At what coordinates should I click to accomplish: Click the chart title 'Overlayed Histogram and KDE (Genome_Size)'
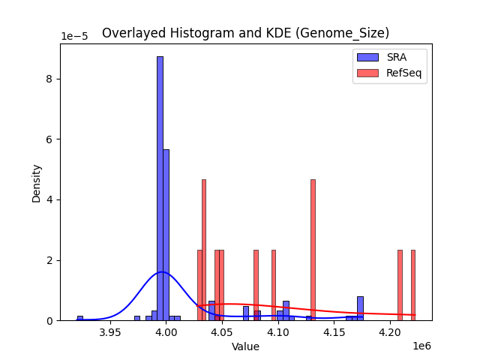[x=245, y=33]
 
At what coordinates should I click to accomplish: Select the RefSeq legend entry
[x=390, y=73]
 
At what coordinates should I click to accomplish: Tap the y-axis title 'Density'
[x=36, y=182]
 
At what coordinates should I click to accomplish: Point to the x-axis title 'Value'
[x=245, y=346]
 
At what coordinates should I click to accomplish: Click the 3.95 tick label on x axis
[x=110, y=332]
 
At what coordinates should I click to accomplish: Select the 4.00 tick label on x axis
[x=166, y=332]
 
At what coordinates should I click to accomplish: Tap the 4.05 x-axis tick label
[x=222, y=332]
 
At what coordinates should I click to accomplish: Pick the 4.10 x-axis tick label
[x=278, y=332]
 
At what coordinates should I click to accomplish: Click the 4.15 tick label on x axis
[x=334, y=332]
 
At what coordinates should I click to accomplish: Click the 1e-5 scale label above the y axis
[x=74, y=37]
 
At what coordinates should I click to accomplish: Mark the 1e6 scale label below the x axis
[x=421, y=346]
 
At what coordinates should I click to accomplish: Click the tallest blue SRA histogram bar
[x=160, y=187]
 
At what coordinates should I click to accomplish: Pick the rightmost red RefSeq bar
[x=413, y=285]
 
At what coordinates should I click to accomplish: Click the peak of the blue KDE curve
[x=162, y=271]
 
